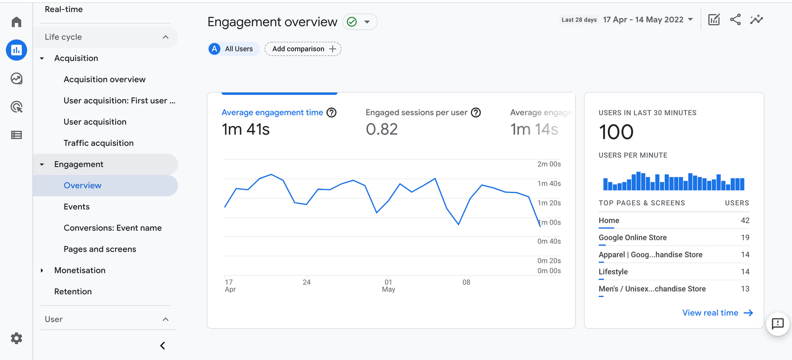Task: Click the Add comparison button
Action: coord(303,49)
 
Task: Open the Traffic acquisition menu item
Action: coord(99,143)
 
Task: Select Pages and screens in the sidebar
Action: coord(100,249)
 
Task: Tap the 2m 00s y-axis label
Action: coord(549,164)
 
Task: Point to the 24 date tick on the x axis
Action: coord(307,282)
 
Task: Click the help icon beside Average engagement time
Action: coord(331,113)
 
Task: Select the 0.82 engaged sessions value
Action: coord(382,130)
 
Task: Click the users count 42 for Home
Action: coord(745,221)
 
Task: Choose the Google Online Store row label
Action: coord(632,238)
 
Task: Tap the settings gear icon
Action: coord(16,338)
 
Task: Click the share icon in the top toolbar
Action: coord(735,20)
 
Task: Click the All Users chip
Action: coord(234,49)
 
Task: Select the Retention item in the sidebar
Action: coord(73,291)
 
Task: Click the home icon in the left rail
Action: coord(16,22)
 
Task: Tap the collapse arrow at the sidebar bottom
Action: coord(162,346)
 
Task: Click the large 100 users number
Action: coord(616,132)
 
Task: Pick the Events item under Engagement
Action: coord(76,207)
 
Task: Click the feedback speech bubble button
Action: coord(778,324)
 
